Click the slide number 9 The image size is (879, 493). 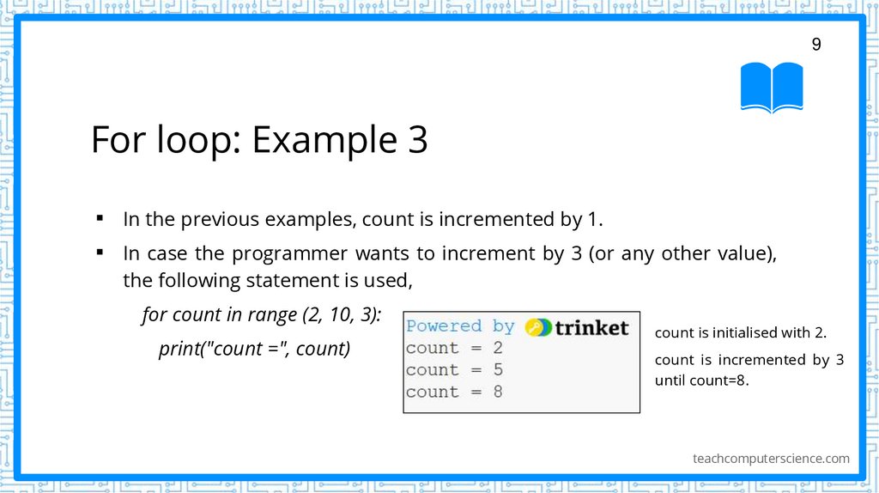tap(816, 45)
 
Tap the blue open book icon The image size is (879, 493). tap(772, 87)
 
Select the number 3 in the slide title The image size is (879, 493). tap(416, 140)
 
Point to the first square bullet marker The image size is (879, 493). tap(100, 218)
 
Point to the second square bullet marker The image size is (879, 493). tap(100, 253)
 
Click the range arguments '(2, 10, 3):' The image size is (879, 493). tap(342, 314)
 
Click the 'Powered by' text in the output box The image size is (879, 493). tap(460, 326)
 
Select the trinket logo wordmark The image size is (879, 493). tap(592, 327)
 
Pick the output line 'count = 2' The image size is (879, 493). tap(454, 348)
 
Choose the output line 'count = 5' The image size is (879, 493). tap(454, 370)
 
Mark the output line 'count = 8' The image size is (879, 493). tap(454, 392)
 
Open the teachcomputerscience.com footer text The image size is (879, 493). tap(771, 459)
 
